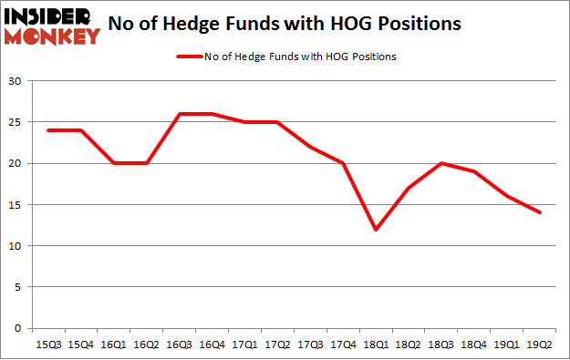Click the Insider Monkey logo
51,26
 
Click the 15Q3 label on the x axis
47,345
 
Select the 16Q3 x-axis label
179,345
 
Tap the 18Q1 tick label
376,345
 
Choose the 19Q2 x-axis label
540,345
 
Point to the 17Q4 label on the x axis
343,345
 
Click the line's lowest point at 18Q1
376,230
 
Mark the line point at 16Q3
179,114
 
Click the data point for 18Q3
441,164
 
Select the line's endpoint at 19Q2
540,213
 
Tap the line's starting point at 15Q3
47,130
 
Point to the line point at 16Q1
113,164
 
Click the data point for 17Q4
343,164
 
